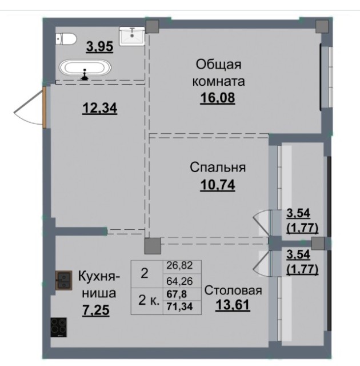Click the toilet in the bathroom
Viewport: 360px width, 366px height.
(x=66, y=39)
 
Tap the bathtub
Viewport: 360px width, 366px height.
(x=85, y=68)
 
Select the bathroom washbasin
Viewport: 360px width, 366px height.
(x=132, y=36)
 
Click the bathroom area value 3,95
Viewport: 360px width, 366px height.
(x=99, y=46)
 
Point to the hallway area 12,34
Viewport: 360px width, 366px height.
(x=99, y=109)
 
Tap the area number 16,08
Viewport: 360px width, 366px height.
(x=218, y=98)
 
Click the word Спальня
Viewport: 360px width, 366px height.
(x=218, y=168)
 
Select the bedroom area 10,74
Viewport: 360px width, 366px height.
(x=218, y=185)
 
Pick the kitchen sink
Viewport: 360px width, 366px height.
(x=63, y=280)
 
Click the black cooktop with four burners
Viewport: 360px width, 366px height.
(x=59, y=327)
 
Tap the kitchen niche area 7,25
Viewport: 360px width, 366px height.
(x=95, y=311)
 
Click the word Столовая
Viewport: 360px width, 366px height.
(x=233, y=291)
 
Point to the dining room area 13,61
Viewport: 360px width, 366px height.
(x=233, y=305)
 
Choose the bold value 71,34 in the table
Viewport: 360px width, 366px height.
(x=179, y=307)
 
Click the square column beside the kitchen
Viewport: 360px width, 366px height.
(x=153, y=246)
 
